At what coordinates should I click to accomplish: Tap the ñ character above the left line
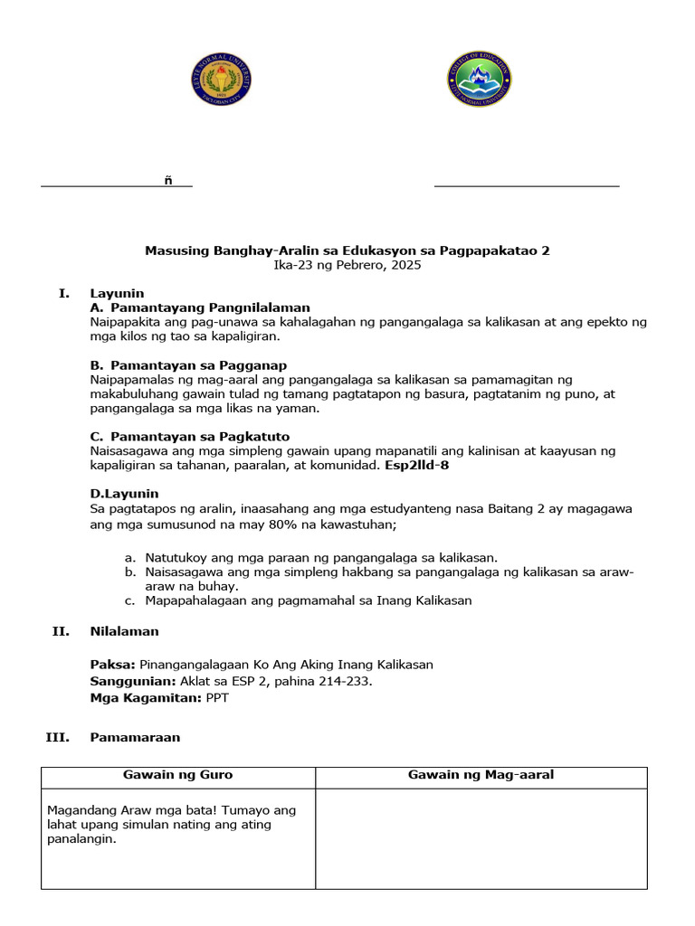168,181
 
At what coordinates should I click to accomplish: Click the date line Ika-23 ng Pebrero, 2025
347,265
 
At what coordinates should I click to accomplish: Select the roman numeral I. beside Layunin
63,293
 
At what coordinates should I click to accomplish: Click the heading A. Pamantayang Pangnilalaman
200,307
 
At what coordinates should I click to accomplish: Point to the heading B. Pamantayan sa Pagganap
188,364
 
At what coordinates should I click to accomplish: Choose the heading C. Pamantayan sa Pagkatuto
190,436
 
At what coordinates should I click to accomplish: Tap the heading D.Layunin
124,493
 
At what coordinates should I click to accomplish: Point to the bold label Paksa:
113,664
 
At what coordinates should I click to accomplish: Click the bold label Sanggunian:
130,681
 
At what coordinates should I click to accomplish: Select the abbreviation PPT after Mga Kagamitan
218,698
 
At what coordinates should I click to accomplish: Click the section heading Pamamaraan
135,737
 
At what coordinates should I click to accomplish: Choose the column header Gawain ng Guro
177,775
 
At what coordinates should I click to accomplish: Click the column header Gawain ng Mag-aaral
481,775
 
